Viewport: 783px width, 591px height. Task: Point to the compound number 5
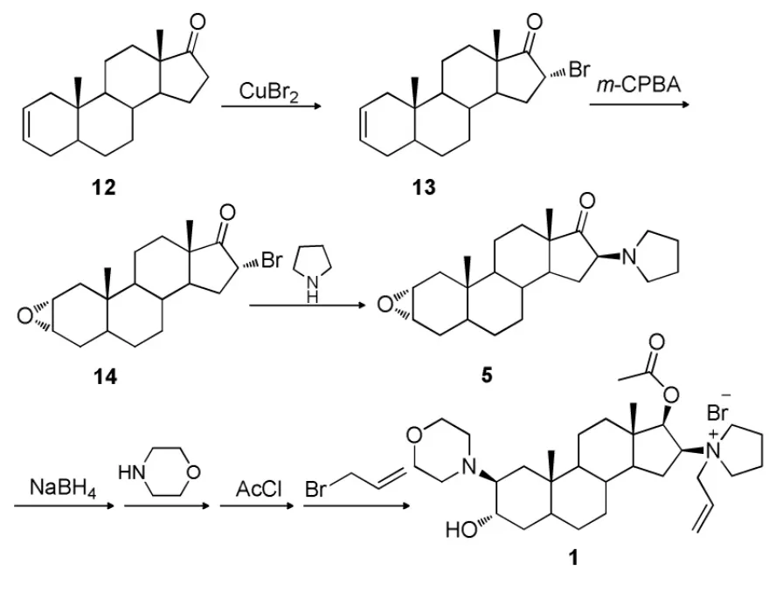coord(487,376)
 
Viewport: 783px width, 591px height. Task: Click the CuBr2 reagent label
coord(267,90)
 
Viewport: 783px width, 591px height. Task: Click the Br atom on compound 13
coord(579,70)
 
